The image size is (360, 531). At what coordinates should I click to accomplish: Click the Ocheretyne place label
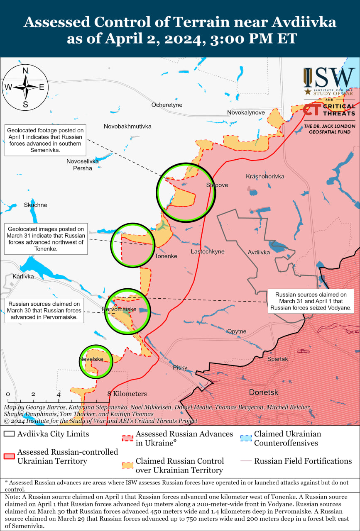167,105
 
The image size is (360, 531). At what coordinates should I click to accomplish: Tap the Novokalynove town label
246,113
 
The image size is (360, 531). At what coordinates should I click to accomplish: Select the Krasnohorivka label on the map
265,177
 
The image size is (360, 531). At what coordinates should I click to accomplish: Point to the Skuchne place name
35,205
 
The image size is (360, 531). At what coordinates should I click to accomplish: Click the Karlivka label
23,276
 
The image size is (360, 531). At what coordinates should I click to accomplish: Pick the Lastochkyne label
208,252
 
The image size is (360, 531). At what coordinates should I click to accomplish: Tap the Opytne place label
237,331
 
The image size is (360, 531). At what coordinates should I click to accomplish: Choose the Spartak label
277,359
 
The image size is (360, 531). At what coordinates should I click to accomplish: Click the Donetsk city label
264,392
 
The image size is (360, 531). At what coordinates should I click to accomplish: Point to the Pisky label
180,368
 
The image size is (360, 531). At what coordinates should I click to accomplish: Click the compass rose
25,87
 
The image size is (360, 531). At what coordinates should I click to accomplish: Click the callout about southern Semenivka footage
45,140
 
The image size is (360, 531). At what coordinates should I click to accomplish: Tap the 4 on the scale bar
59,394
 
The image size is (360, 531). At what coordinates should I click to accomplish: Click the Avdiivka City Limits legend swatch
9,434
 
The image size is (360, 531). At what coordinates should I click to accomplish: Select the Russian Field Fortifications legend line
246,461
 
